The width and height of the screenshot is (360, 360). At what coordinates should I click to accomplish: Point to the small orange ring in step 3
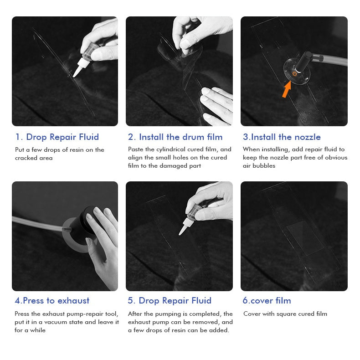coord(294,73)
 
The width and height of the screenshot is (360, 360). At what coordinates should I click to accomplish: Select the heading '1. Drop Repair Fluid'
coord(57,137)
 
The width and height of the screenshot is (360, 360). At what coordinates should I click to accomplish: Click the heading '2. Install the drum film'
coord(175,137)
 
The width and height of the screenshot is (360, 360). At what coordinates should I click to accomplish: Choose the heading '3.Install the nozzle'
coord(282,137)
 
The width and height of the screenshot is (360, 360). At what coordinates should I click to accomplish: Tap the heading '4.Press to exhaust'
coord(52,301)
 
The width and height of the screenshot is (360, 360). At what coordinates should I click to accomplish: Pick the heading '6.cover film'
coord(267,301)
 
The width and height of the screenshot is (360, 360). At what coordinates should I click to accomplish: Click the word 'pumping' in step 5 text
coord(169,314)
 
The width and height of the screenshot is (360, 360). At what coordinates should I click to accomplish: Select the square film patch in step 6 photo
coord(305,238)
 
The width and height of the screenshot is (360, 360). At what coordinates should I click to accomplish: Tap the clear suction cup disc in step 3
coord(297,72)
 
